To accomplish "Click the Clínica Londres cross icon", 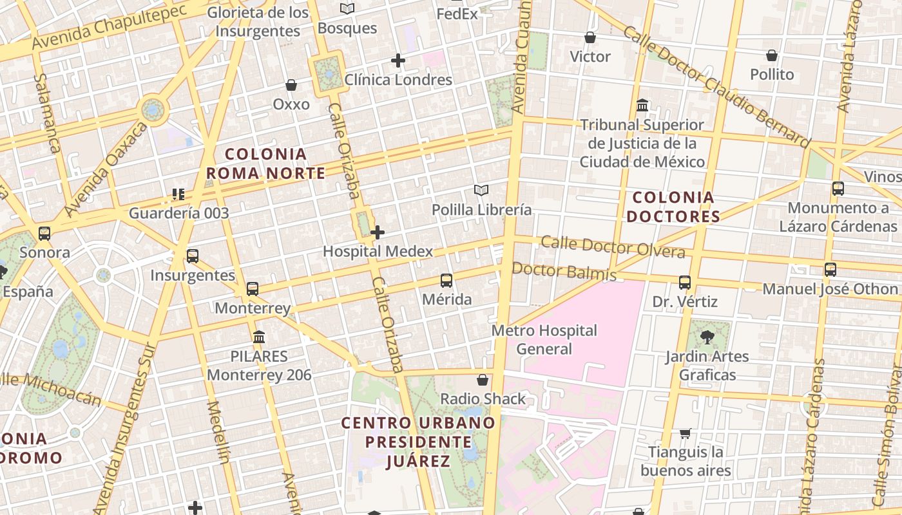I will [398, 61].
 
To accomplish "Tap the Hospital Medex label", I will [378, 251].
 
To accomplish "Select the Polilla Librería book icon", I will [481, 190].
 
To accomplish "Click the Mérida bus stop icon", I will [446, 280].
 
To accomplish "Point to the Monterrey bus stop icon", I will [253, 288].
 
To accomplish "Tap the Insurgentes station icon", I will [192, 256].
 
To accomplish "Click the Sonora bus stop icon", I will [44, 233].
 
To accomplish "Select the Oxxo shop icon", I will [291, 85].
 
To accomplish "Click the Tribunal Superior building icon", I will [642, 105].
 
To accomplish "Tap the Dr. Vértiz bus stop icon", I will [685, 282].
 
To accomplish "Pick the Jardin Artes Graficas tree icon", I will [707, 336].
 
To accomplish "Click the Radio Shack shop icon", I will [483, 380].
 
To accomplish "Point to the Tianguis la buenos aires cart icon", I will [686, 433].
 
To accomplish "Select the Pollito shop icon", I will [772, 55].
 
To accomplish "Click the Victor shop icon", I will [590, 37].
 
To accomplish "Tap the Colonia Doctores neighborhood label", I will [673, 207].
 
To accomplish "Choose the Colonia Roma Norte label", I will [265, 164].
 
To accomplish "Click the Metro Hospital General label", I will [544, 339].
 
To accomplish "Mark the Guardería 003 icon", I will [178, 194].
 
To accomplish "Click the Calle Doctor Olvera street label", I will [613, 247].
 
